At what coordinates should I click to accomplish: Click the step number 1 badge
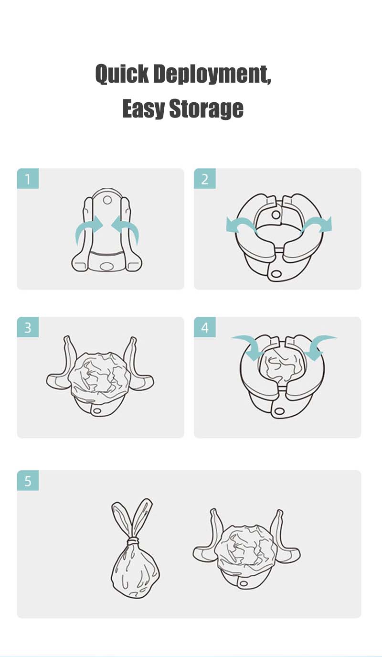pos(28,179)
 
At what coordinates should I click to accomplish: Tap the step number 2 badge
pos(205,179)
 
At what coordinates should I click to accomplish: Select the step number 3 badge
pos(28,328)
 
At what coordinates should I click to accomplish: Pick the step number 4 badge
pos(205,328)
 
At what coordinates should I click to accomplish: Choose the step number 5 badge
pos(28,481)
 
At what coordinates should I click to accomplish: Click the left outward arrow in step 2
pos(242,225)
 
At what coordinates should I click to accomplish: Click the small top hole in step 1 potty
pos(107,199)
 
